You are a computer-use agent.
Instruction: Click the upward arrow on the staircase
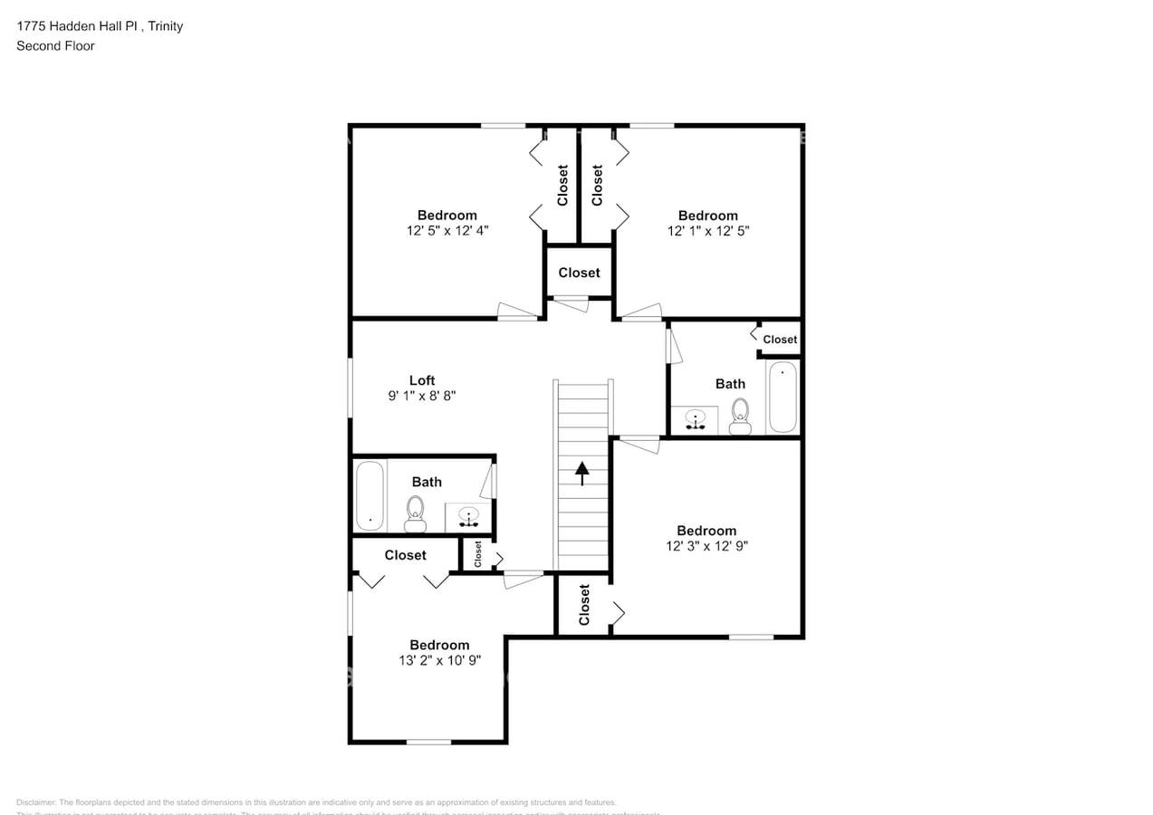581,473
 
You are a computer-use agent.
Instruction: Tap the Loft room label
422,380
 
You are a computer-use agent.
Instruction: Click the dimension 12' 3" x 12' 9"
706,546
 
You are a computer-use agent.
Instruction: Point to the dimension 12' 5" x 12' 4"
447,230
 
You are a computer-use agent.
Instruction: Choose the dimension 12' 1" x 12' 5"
708,230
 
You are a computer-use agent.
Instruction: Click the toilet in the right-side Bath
740,416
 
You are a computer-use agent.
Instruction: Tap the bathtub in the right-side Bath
782,397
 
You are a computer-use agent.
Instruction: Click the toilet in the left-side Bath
416,513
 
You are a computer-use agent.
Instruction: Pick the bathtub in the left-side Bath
370,495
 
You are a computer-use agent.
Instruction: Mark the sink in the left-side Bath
468,517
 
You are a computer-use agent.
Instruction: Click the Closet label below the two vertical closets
579,273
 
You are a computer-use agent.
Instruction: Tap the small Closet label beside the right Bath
780,340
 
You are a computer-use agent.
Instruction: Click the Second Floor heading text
55,45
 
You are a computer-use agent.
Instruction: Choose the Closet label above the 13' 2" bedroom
405,555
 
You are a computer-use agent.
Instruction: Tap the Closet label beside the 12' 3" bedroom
584,604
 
